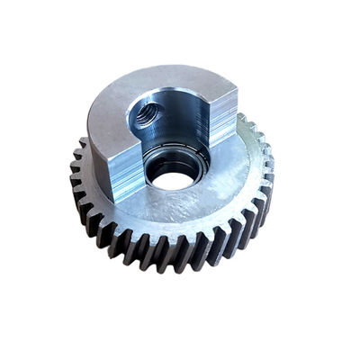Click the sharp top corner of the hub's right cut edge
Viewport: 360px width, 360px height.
(x=236, y=85)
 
